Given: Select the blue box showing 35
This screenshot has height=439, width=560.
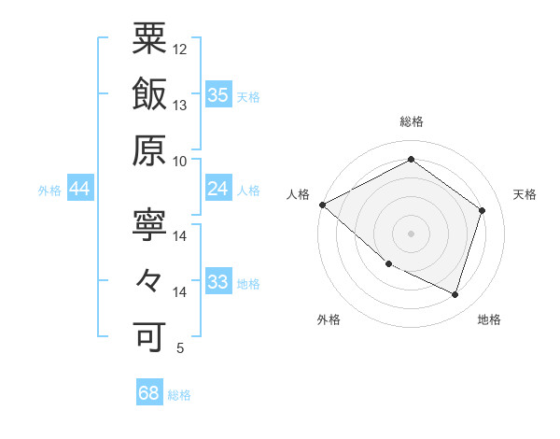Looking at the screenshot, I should click(218, 94).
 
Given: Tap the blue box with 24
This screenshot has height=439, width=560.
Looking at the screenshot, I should click(218, 189).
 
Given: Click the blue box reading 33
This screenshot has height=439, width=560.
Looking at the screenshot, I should click(218, 282).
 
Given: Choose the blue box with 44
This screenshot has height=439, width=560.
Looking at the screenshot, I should click(80, 189).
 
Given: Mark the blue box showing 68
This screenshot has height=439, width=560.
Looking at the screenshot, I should click(149, 393).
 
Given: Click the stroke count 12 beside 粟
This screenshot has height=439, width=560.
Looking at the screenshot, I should click(181, 49).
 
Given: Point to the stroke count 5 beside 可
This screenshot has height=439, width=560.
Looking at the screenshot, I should click(179, 348).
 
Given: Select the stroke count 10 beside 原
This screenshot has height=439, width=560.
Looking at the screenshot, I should click(181, 161).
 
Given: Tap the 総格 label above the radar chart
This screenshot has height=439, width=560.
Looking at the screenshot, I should click(412, 122).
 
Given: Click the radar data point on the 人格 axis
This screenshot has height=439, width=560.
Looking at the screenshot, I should click(322, 205).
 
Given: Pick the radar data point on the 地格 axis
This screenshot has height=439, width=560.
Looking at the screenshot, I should click(455, 294).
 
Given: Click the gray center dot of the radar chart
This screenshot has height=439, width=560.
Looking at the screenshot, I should click(411, 233).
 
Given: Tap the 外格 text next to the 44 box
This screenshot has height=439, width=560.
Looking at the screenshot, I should click(49, 190).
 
